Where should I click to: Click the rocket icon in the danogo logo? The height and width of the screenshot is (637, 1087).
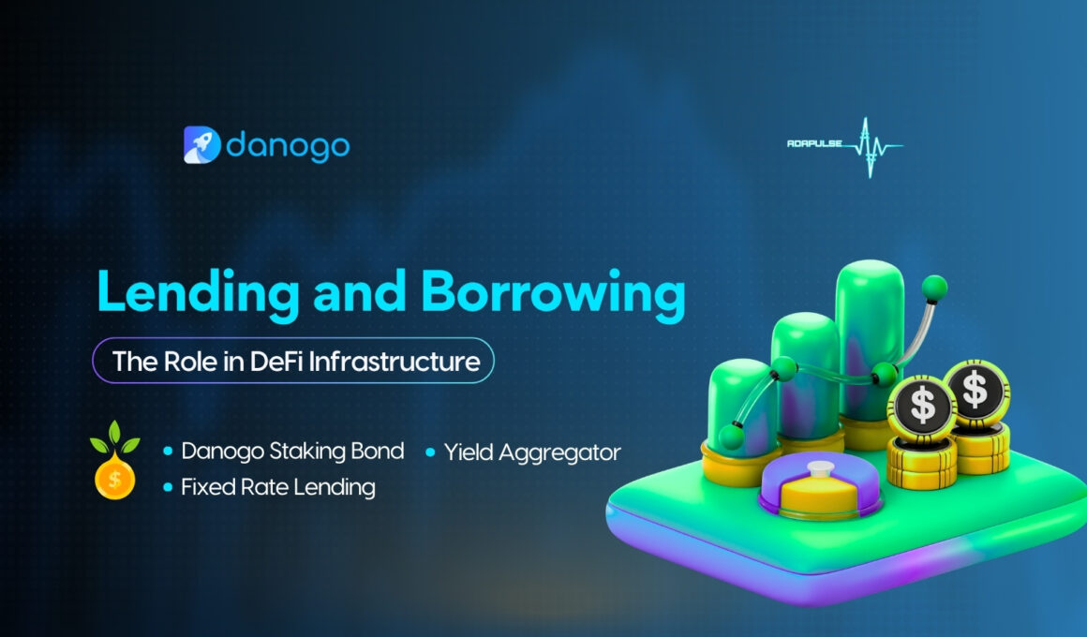coord(201,145)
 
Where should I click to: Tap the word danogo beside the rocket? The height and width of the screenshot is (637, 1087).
coord(288,145)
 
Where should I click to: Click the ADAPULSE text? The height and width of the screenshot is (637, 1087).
coord(815,144)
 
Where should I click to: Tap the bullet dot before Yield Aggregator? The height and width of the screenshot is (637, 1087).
coord(431,452)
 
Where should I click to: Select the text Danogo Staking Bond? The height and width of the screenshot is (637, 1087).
coord(292,452)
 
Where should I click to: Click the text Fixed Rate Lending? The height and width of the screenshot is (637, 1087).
coord(277,487)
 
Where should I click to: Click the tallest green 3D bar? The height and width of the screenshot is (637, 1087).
coord(870,337)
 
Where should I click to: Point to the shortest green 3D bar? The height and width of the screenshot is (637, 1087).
coord(740,403)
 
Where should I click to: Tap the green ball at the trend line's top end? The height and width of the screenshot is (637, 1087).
coord(933,284)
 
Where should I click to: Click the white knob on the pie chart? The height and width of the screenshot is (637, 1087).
coord(822,467)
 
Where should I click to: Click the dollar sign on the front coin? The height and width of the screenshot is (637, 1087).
coord(923,406)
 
